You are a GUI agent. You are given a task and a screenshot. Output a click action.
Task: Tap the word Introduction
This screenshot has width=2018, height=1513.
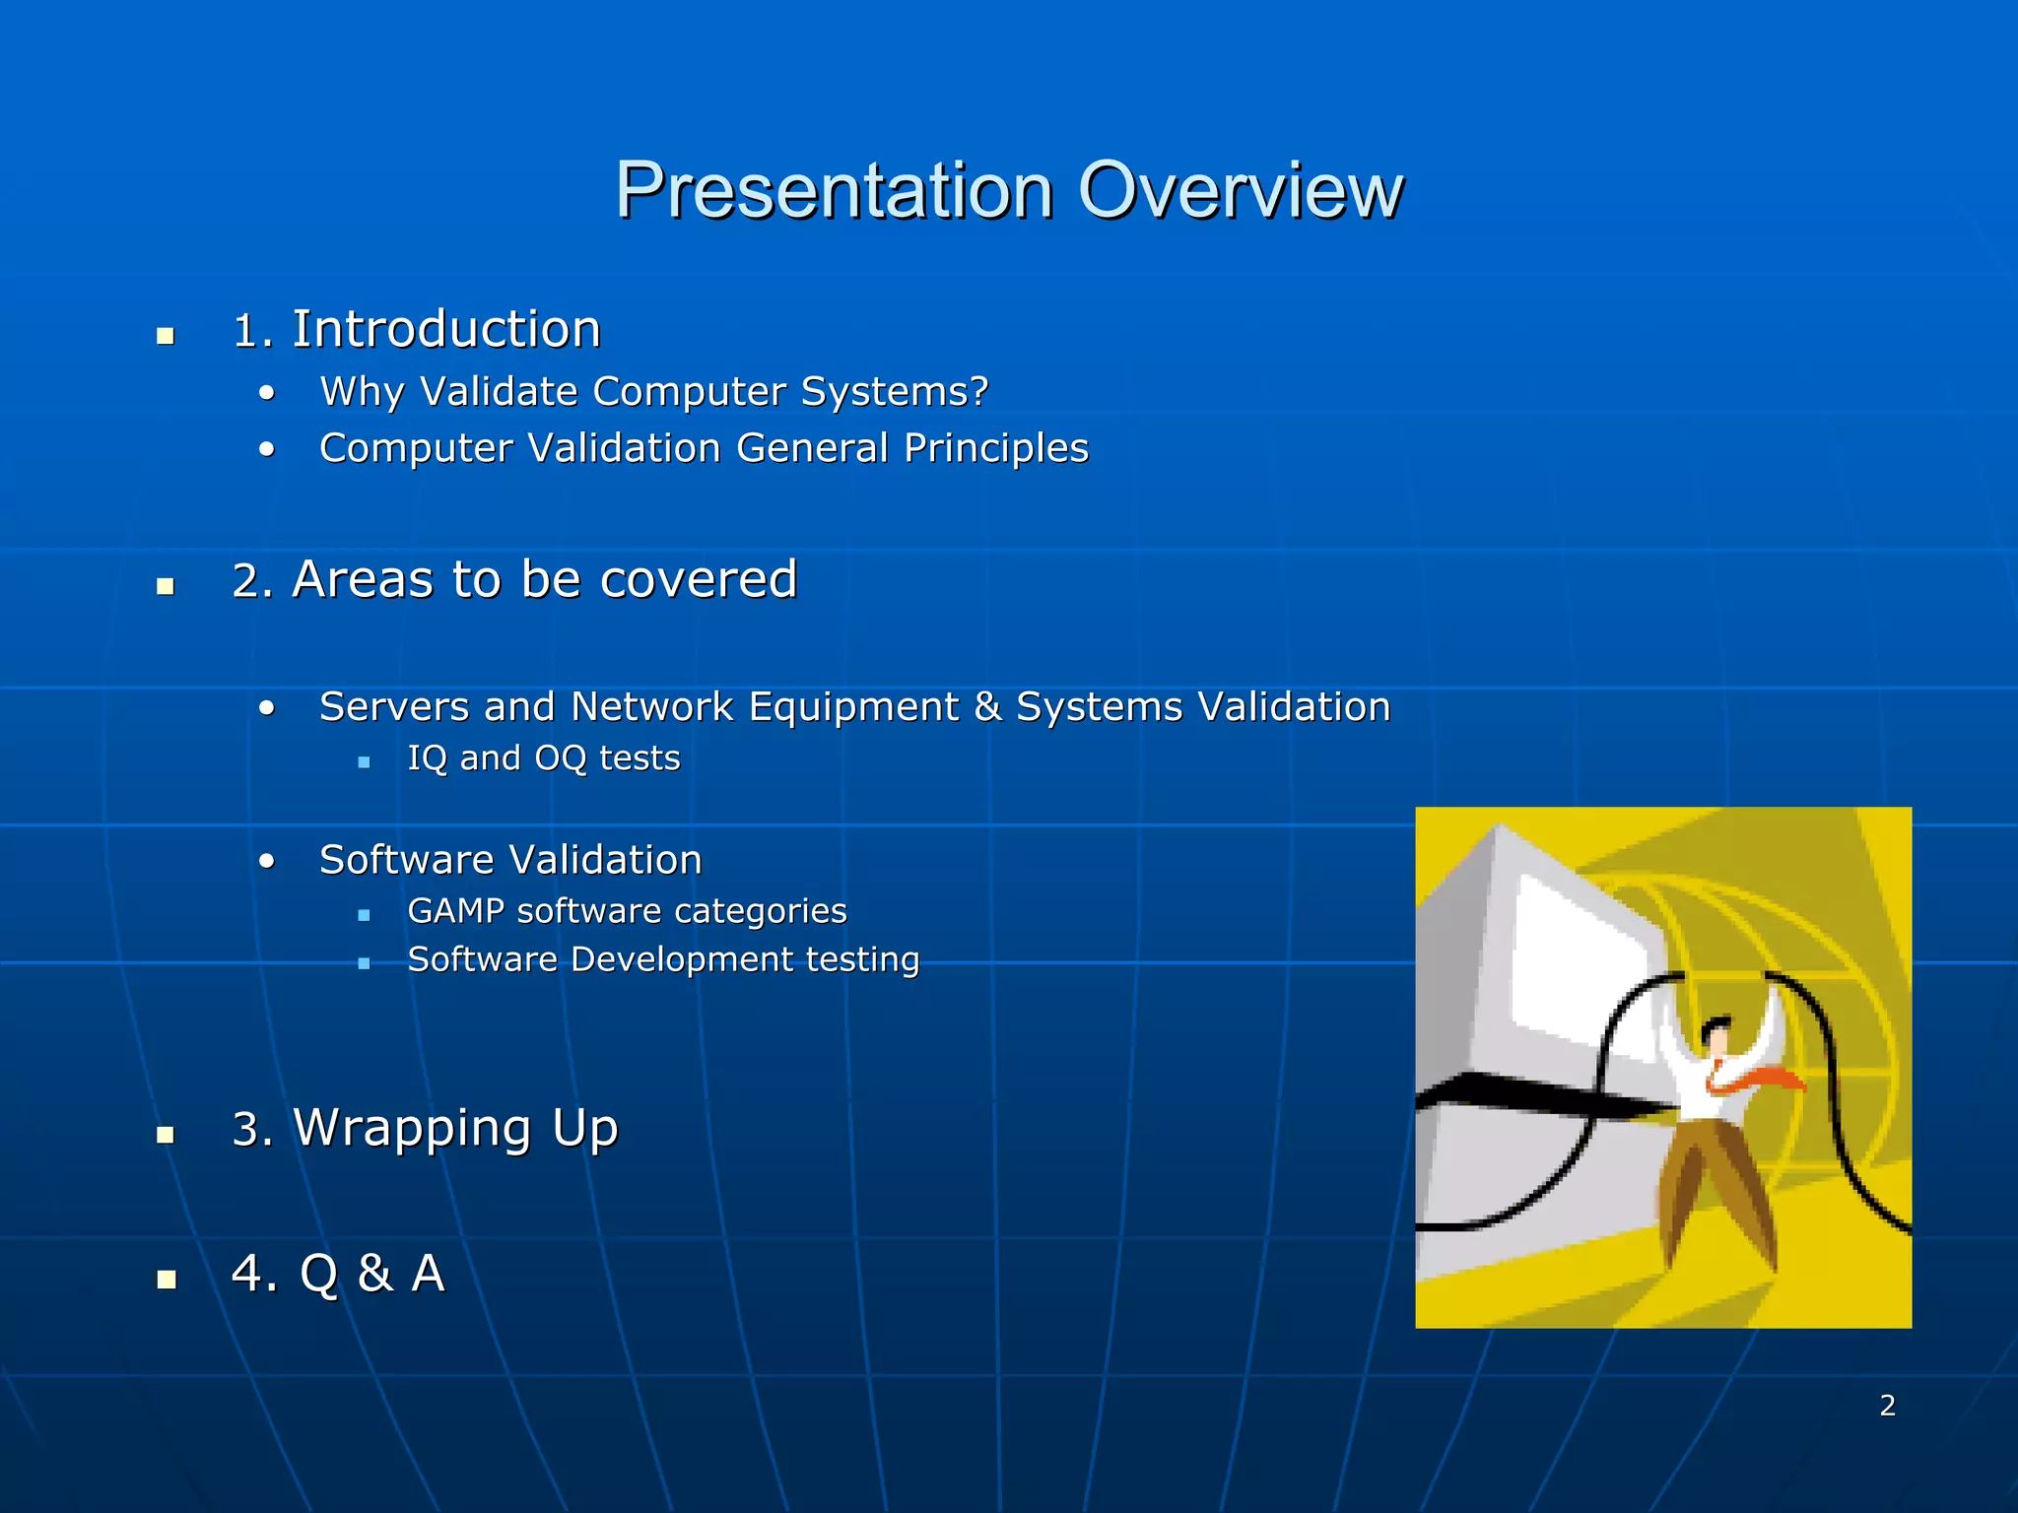point(446,329)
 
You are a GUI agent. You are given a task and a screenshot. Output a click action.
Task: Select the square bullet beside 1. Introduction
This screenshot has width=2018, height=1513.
point(166,336)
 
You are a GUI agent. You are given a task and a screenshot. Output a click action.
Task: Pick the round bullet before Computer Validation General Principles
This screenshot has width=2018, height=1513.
point(267,450)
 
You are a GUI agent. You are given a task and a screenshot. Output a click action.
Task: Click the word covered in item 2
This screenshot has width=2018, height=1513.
point(699,579)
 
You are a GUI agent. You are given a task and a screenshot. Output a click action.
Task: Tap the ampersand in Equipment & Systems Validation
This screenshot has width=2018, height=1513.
point(986,707)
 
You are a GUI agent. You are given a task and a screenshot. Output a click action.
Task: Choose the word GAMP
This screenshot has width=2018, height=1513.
point(455,911)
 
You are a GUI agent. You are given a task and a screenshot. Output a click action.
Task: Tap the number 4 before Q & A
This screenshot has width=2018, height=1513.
point(245,1273)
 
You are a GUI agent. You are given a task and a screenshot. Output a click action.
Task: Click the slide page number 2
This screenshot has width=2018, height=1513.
point(1887,1406)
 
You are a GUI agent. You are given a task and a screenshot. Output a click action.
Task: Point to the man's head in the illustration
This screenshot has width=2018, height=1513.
point(1716,1036)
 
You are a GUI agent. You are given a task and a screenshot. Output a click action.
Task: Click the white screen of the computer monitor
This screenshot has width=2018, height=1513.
point(1577,975)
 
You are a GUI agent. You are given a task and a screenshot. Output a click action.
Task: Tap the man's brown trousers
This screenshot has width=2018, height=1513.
point(1715,1182)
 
